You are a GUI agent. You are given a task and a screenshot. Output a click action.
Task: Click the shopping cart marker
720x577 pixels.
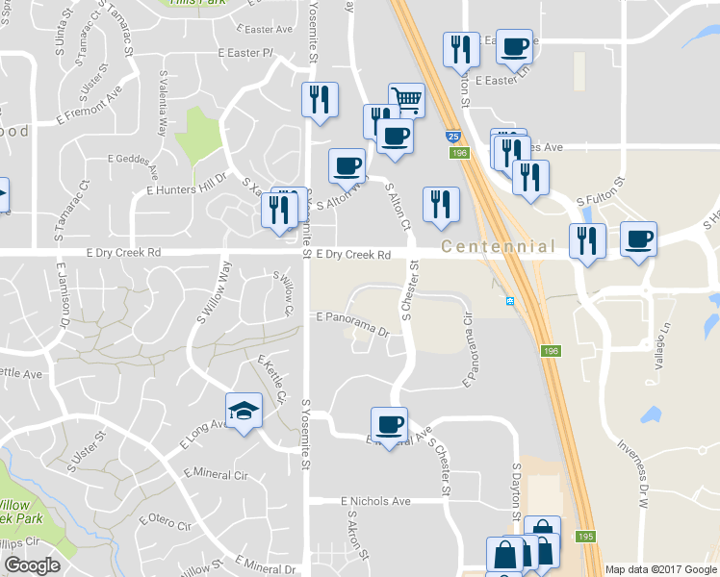(x=407, y=100)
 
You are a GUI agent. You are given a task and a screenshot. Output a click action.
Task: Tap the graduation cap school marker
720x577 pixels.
(x=244, y=412)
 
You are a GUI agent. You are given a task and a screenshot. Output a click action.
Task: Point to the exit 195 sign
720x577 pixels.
(x=586, y=536)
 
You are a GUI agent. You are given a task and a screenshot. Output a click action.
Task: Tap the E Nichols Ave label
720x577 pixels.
(x=375, y=501)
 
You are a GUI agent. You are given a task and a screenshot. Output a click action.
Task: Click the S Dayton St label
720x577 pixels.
(x=516, y=491)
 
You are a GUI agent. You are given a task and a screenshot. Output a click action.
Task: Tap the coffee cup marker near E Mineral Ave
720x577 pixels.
(x=389, y=425)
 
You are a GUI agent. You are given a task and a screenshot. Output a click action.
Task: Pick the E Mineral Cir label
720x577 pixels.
(x=215, y=474)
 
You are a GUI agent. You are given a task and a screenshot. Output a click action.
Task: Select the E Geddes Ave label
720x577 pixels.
(x=131, y=159)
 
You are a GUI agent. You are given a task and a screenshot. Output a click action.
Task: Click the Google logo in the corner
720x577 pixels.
(x=32, y=565)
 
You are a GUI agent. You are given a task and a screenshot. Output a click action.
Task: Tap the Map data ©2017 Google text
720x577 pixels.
(x=660, y=569)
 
